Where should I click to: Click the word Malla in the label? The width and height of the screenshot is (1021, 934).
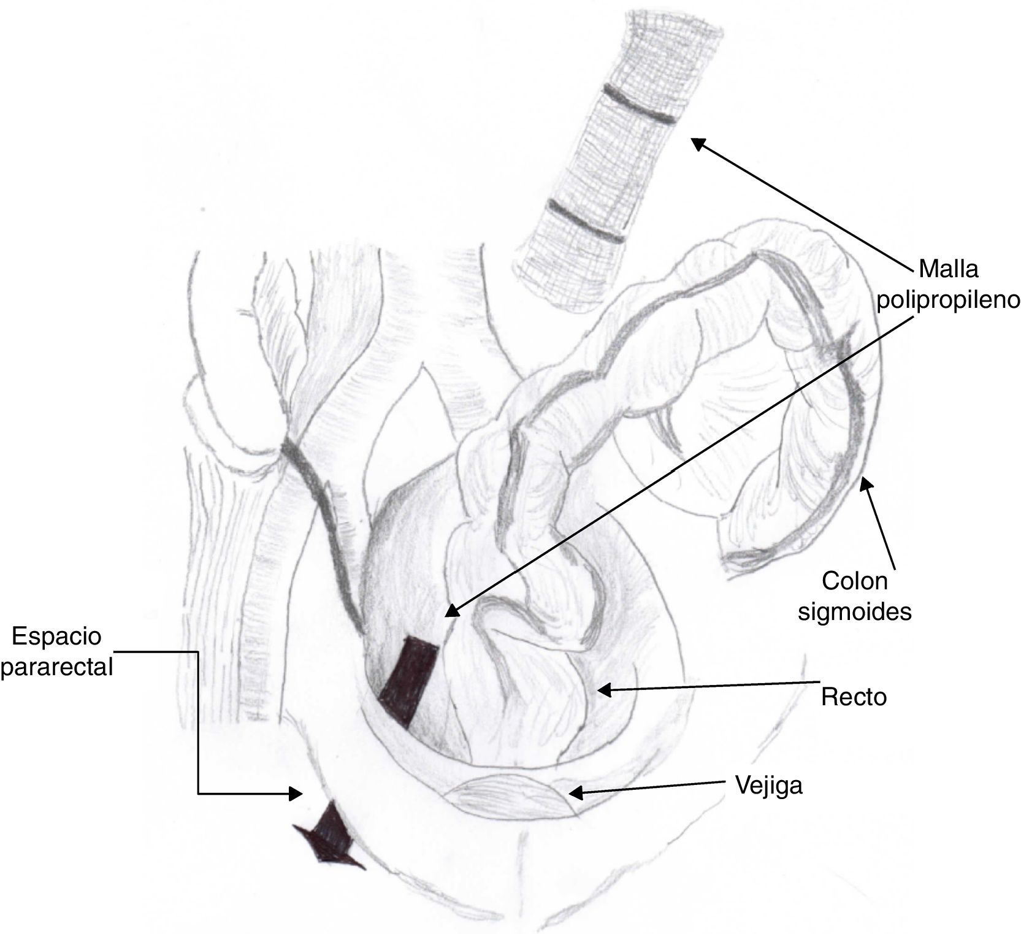(x=948, y=269)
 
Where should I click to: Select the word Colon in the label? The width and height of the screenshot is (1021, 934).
(x=854, y=581)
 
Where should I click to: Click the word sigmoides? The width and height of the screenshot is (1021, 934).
(x=854, y=611)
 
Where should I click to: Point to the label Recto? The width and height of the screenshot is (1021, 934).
(x=854, y=697)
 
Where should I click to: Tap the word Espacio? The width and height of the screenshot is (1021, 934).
(x=57, y=637)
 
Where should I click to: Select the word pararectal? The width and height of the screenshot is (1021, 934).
(x=57, y=667)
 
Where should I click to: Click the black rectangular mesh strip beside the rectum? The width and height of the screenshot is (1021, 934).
(x=408, y=681)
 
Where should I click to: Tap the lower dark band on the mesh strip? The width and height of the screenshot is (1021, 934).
(x=586, y=220)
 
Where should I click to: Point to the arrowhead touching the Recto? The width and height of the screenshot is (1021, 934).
(x=604, y=691)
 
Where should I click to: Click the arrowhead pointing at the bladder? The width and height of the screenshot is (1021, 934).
(x=575, y=793)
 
